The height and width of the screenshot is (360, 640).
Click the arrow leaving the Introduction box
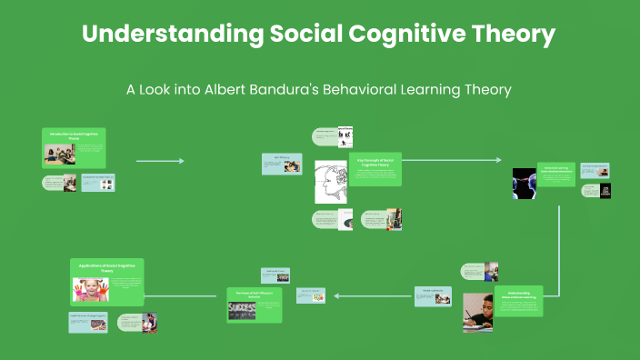pyautogui.click(x=160, y=161)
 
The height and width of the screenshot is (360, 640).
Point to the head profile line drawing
pyautogui.click(x=331, y=182)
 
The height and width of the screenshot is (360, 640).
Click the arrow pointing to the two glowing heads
pyautogui.click(x=451, y=160)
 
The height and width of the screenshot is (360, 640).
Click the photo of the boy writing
pyautogui.click(x=477, y=312)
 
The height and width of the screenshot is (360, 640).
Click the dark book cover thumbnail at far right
pyautogui.click(x=605, y=191)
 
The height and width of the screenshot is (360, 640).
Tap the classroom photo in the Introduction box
pyautogui.click(x=60, y=155)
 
